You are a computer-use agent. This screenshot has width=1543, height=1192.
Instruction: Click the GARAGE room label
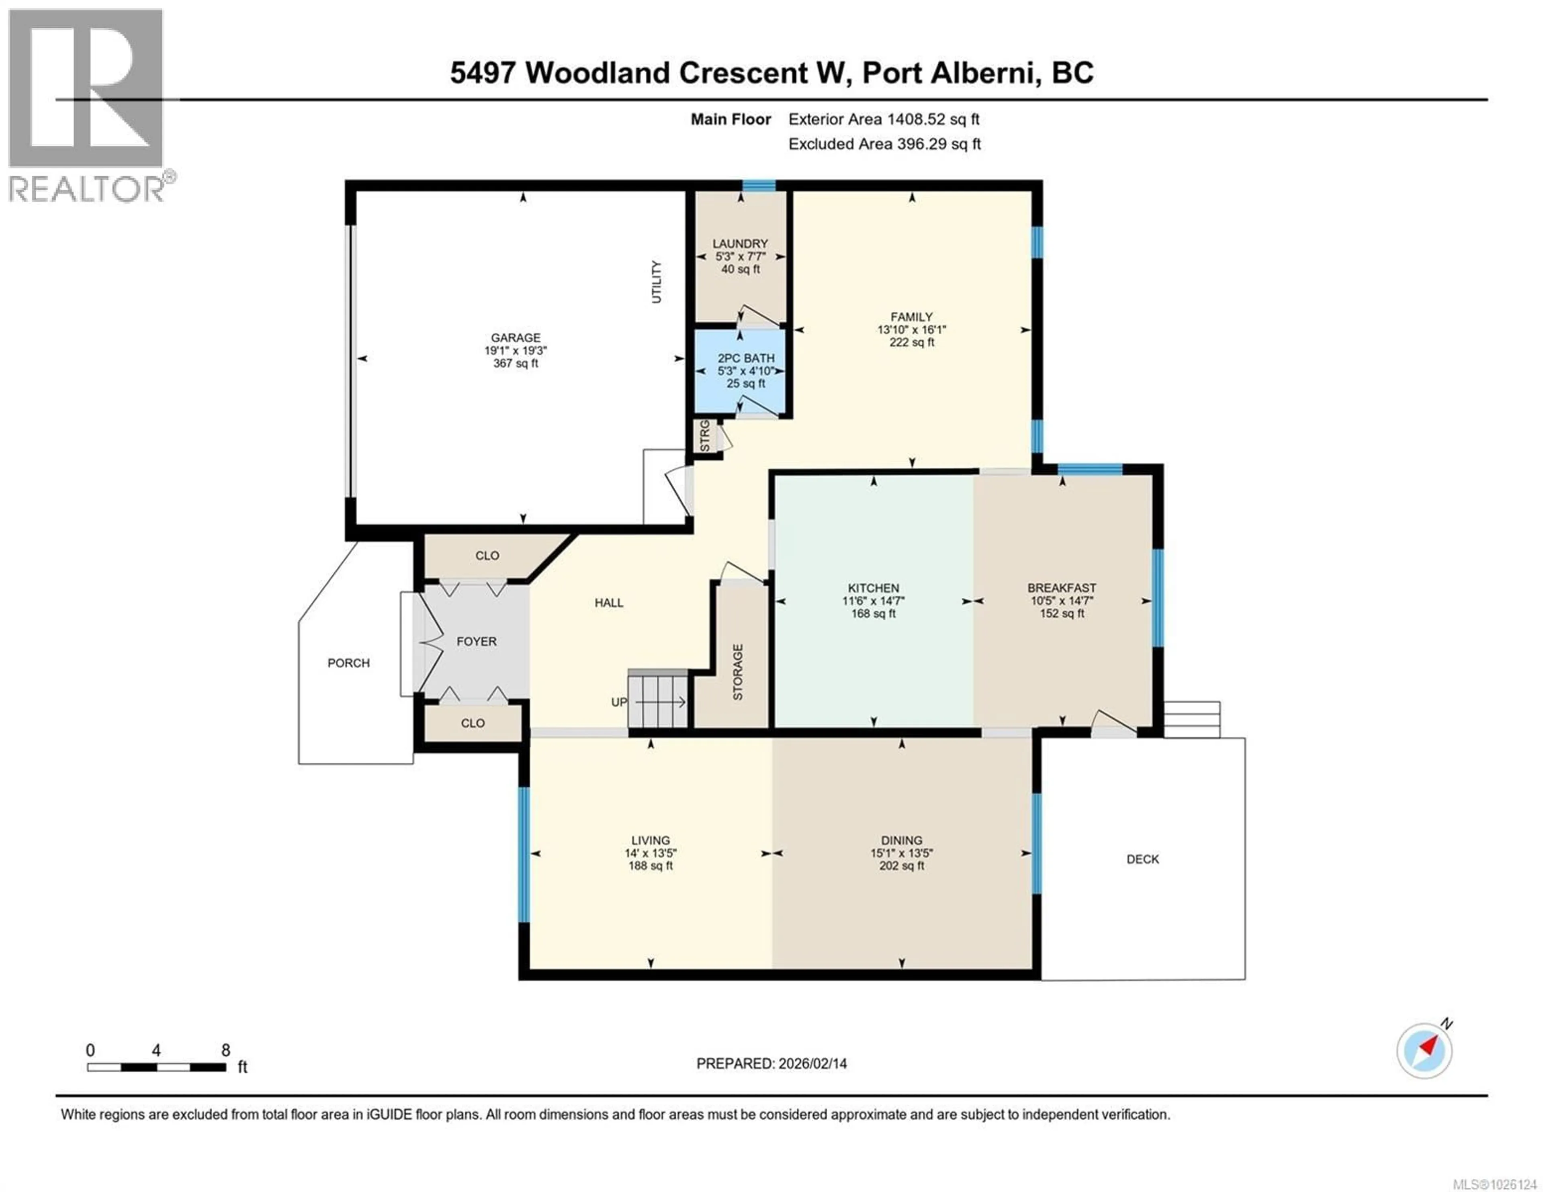pos(516,338)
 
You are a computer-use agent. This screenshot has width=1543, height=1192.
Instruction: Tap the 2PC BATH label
pos(746,358)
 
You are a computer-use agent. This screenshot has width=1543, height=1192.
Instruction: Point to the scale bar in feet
pos(156,1067)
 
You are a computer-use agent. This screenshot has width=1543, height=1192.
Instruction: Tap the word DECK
pos(1142,859)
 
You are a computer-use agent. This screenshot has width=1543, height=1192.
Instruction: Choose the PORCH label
pos(348,663)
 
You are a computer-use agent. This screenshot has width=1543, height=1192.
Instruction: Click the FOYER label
pos(476,642)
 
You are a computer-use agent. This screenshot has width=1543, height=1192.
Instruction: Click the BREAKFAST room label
pos(1061,588)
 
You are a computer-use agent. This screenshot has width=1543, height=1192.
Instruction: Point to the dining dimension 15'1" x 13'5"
pos(902,853)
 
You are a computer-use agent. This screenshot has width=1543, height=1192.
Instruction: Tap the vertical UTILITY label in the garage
pos(656,282)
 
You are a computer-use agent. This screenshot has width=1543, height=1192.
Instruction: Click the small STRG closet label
pos(704,436)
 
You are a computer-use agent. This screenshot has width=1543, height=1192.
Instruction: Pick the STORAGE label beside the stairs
pos(738,672)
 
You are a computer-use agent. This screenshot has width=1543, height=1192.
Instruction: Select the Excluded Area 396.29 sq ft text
pos(884,144)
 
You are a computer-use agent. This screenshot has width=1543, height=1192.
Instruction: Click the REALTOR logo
pos(88,106)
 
